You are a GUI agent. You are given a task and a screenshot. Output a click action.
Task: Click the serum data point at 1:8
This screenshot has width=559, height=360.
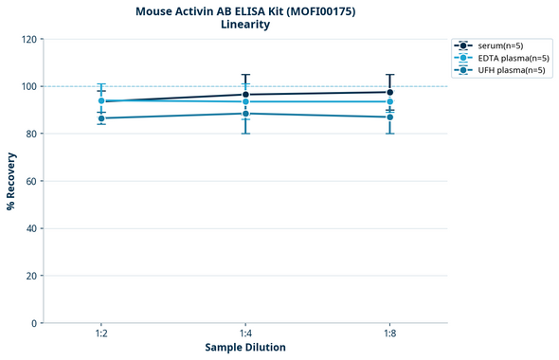[x=389, y=92]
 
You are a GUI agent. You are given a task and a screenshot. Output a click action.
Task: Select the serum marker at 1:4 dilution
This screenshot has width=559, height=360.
[x=245, y=95]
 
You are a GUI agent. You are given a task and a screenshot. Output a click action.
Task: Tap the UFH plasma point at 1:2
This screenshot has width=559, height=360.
[x=101, y=118]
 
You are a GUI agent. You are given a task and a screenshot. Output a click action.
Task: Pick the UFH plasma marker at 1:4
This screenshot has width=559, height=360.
[x=245, y=114]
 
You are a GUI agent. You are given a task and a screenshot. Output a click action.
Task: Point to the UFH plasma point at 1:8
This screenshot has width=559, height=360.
[x=389, y=117]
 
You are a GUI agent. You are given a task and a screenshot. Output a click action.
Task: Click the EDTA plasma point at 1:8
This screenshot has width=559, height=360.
[x=389, y=101]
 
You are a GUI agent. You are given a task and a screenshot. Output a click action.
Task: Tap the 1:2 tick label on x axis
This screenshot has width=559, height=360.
[x=101, y=333]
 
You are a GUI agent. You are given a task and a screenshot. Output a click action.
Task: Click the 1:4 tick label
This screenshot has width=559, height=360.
[x=245, y=333]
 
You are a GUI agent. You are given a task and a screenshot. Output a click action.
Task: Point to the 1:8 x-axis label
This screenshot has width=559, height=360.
[x=389, y=333]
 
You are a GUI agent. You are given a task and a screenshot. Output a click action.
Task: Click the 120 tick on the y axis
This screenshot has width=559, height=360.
[x=29, y=39]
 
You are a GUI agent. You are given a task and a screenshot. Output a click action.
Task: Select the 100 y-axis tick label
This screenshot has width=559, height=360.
[x=29, y=86]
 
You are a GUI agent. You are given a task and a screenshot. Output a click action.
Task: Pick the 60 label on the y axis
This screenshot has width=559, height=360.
[x=32, y=181]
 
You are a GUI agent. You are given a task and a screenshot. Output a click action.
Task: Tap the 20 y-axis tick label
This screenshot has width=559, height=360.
[x=32, y=276]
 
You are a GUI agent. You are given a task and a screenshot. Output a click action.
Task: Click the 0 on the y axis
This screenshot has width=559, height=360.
[x=35, y=323]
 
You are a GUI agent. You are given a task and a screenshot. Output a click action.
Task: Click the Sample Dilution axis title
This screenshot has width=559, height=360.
[x=245, y=348]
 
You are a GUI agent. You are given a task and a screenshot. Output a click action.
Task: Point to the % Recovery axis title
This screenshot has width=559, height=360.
[x=11, y=180]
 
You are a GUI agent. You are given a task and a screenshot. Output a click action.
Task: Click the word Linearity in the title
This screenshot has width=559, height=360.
[x=244, y=25]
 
